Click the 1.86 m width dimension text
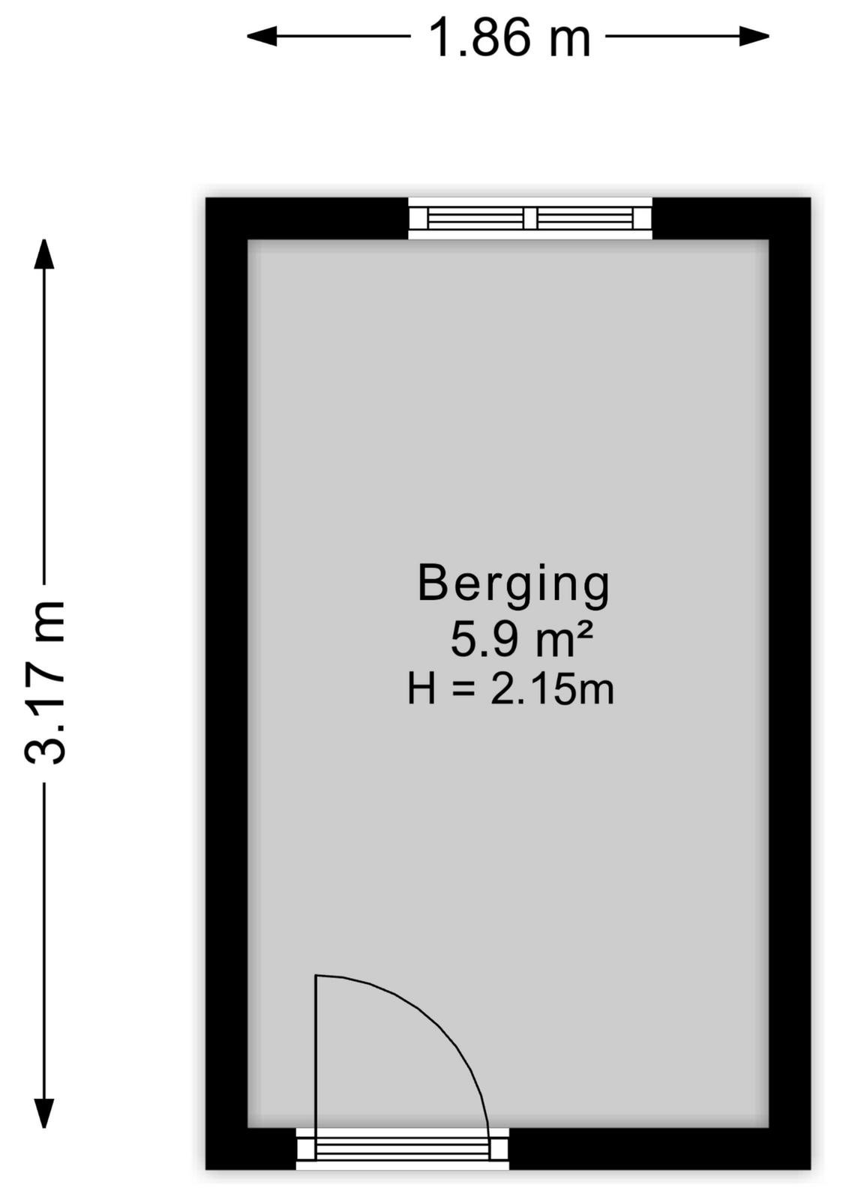(509, 37)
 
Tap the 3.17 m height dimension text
(45, 682)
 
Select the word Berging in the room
(514, 586)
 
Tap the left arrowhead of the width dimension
(262, 37)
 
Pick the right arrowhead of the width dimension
(754, 37)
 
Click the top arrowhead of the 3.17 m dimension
(44, 253)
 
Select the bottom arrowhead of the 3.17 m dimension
(44, 1113)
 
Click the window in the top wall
(530, 218)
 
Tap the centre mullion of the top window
(530, 218)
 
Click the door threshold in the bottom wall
(402, 1149)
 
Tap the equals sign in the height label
(463, 690)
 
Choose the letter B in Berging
(432, 582)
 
